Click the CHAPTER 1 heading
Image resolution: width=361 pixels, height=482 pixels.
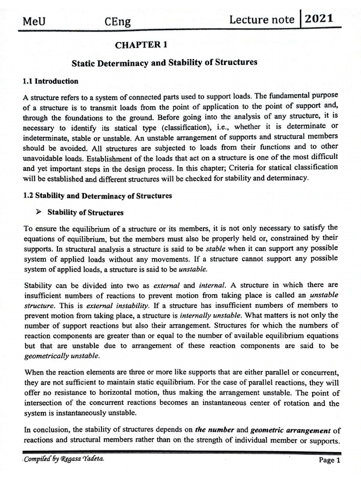141,45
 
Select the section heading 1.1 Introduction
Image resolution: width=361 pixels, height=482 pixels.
50,81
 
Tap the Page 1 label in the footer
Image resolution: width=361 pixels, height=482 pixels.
329,461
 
